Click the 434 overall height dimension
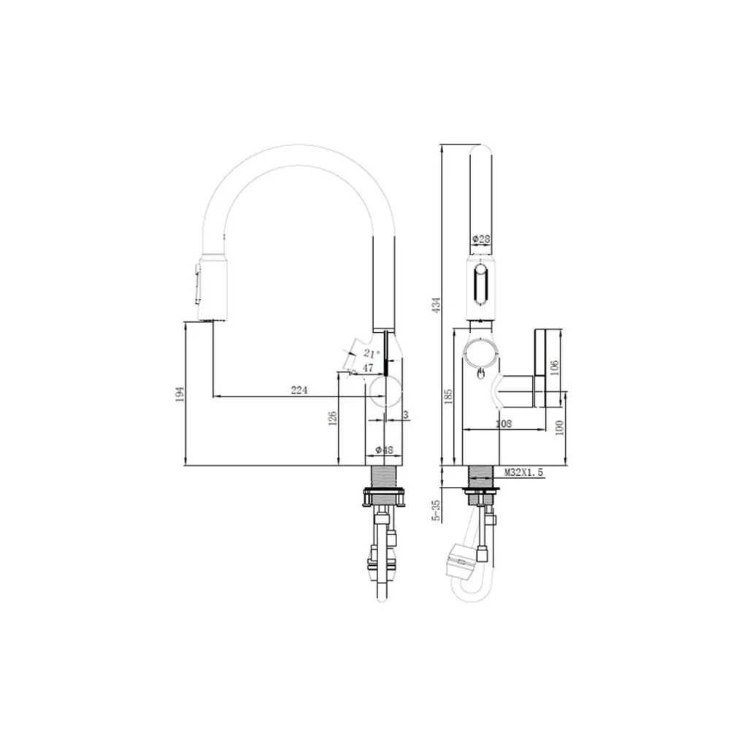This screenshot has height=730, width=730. pos(437,304)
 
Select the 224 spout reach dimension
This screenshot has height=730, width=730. pos(299,390)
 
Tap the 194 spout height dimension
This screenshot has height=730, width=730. pos(180,394)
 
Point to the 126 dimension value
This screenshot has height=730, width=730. pos(332,418)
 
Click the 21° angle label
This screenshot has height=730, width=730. pos(372,353)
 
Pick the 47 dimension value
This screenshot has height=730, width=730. pos(368,368)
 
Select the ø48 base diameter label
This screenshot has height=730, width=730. pos(385,450)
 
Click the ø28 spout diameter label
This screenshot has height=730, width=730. pos(481,239)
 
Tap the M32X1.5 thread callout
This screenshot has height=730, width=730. pos(523,472)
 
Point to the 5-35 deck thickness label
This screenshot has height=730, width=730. pos(437,511)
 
